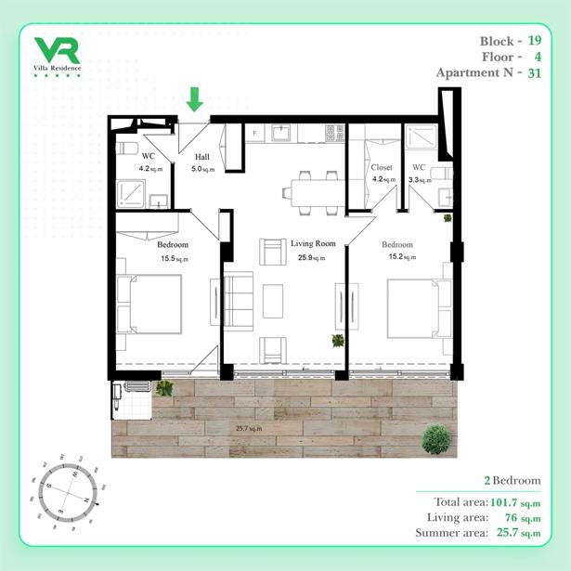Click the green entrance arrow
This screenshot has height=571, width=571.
[x=194, y=99]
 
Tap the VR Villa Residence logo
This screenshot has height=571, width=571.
[x=58, y=57]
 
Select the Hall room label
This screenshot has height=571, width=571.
[x=202, y=157]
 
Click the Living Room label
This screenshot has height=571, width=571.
[x=313, y=243]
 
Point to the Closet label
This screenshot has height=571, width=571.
[x=382, y=167]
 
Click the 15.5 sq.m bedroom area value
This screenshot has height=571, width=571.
[x=175, y=259]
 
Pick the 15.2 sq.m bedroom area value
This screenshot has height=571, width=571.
[x=402, y=257]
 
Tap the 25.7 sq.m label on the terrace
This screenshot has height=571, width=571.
[x=249, y=428]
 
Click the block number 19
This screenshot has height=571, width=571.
[x=534, y=41]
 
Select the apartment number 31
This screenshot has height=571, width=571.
[x=534, y=73]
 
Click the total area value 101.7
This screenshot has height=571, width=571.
[x=503, y=502]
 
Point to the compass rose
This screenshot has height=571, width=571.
[x=68, y=492]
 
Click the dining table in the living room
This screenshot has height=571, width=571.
[x=318, y=193]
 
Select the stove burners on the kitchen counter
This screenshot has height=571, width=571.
[x=334, y=133]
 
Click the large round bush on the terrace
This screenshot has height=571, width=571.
[x=436, y=438]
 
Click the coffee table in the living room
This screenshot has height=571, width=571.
[x=273, y=302]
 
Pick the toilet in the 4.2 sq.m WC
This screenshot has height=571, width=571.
[x=126, y=149]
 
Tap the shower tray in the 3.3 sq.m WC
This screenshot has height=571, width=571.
[x=422, y=136]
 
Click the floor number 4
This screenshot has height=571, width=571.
[x=538, y=57]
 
